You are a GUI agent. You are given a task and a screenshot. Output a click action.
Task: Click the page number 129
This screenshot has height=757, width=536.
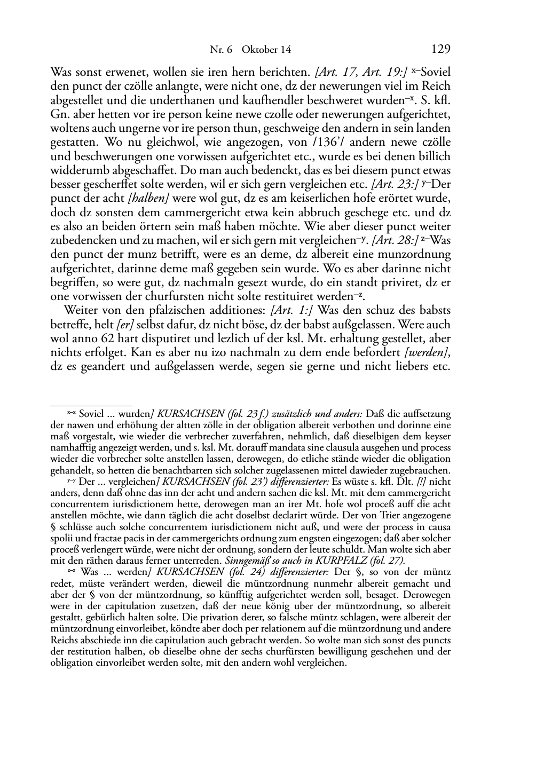point(440,49)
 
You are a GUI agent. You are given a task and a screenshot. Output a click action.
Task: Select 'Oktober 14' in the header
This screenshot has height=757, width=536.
point(266,50)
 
